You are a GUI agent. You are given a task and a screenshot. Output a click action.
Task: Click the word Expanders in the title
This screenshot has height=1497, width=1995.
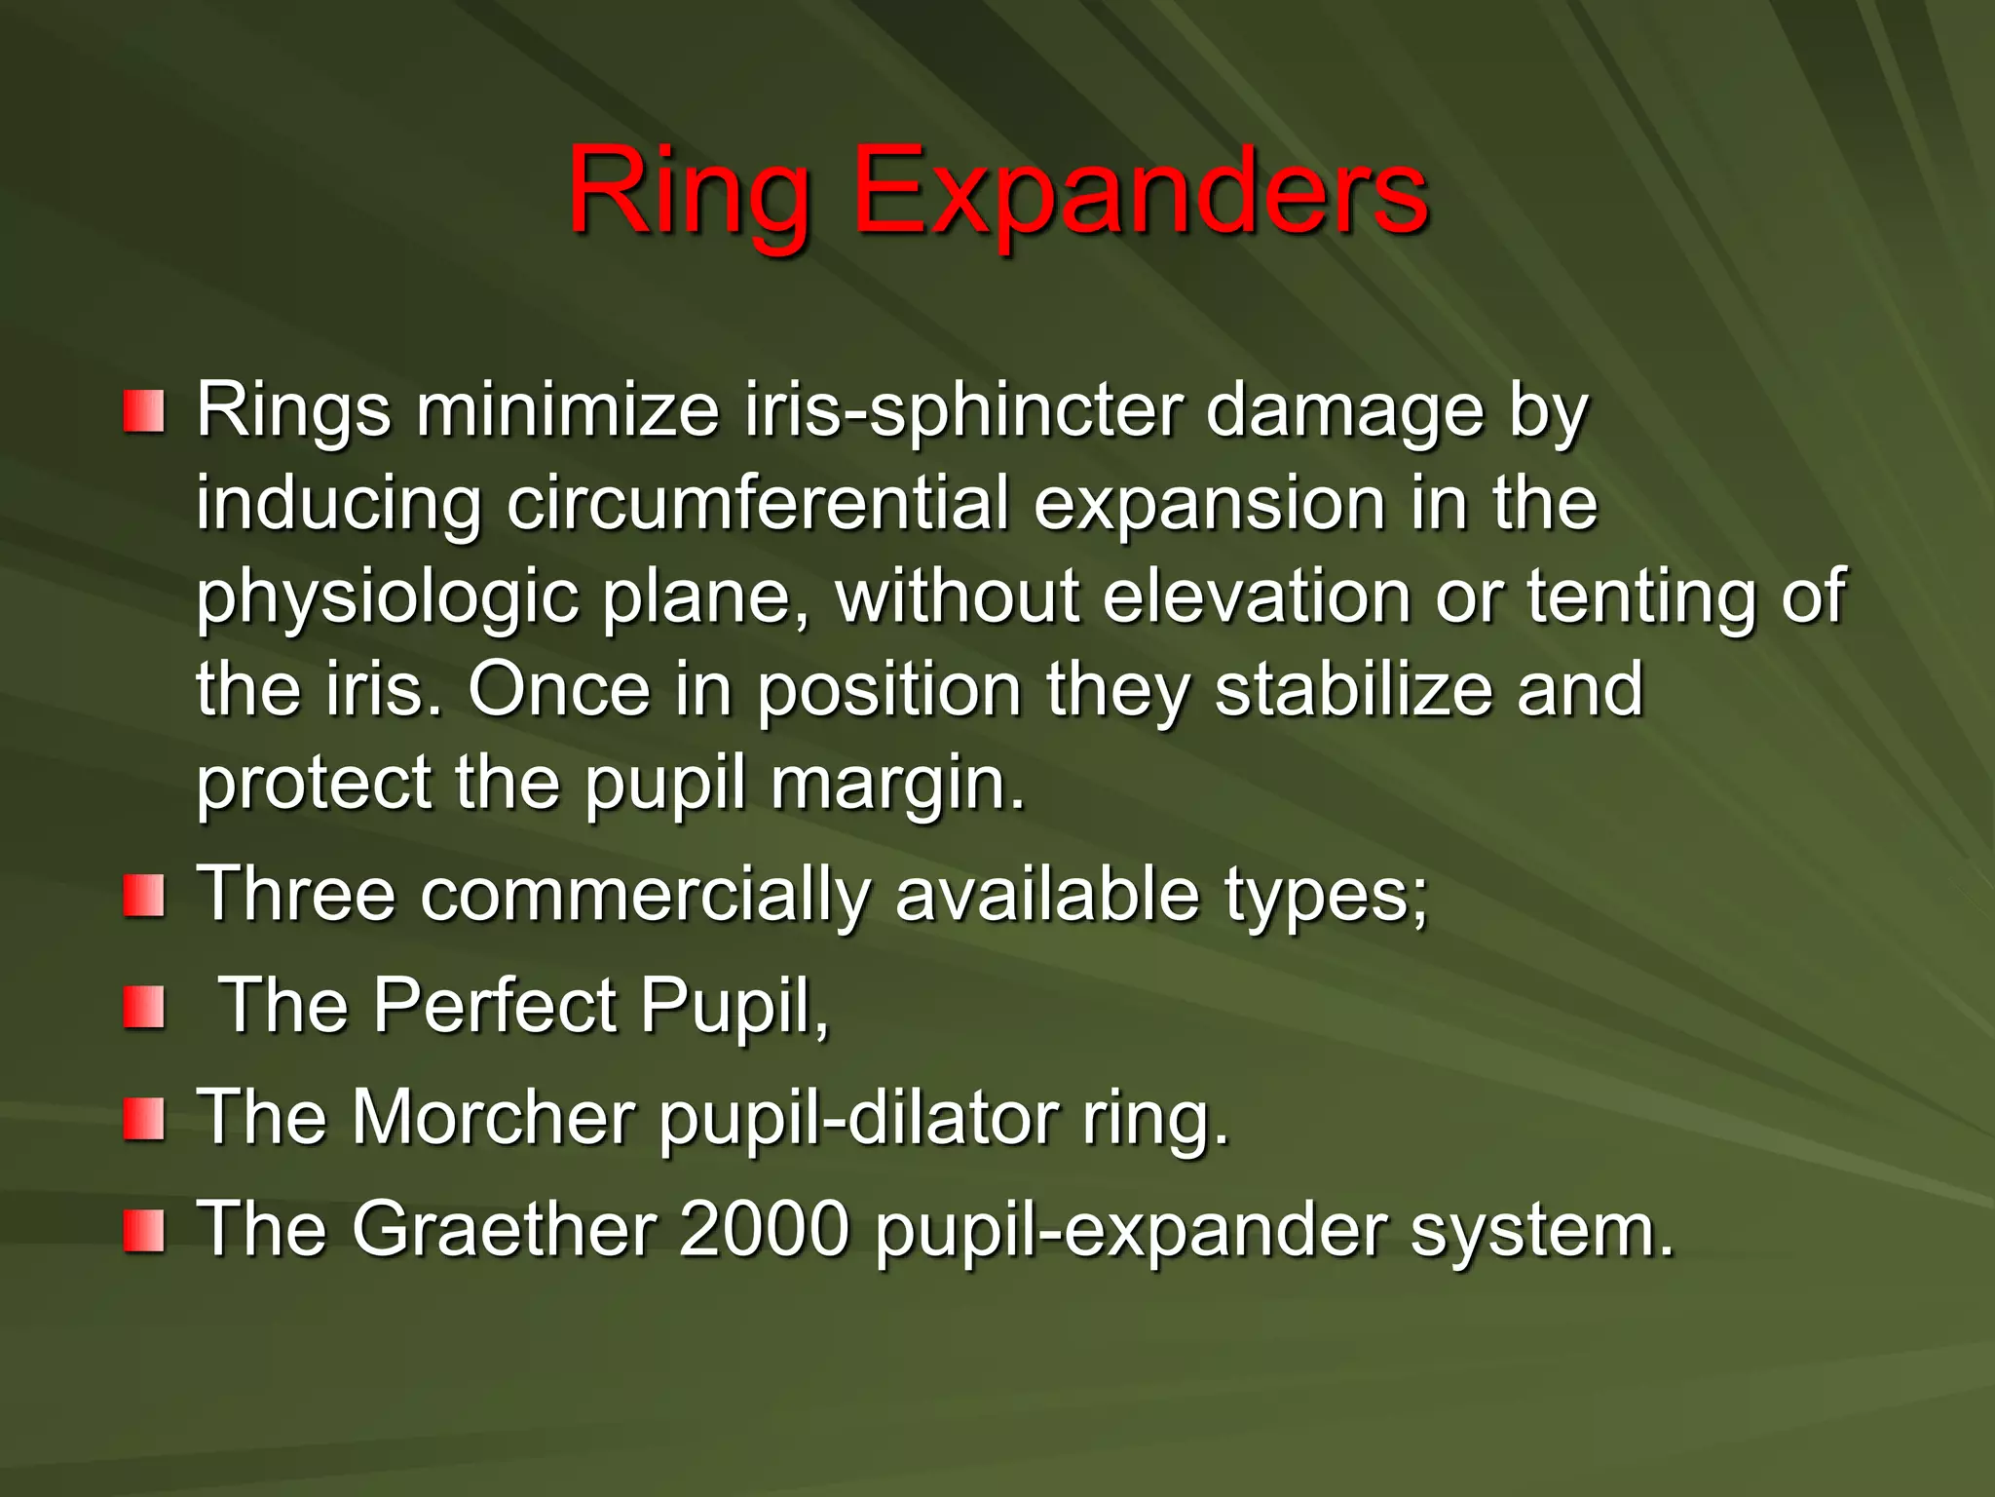(1141, 191)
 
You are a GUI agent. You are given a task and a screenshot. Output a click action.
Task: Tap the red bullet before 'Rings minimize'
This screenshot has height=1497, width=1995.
(143, 412)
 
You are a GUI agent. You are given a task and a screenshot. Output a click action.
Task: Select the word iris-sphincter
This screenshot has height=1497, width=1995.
(963, 410)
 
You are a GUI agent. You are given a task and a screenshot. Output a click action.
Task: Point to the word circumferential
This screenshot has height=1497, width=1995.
(757, 504)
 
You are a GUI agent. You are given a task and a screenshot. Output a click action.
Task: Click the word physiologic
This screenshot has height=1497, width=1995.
(387, 596)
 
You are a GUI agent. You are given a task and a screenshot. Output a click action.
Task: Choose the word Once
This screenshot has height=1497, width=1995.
(559, 689)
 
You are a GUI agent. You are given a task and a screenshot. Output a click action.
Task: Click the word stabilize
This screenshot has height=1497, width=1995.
(1354, 689)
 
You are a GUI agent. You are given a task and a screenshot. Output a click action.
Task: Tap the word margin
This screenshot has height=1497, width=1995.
(896, 784)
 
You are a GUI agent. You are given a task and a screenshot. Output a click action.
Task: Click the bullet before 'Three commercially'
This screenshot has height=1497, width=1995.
(143, 896)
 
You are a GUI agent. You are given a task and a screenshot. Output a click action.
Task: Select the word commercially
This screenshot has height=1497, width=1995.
(644, 895)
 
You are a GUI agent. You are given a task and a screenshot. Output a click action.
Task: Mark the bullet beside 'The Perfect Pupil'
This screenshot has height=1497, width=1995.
(143, 1007)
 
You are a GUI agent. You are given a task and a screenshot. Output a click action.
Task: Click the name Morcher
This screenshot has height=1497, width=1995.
(493, 1117)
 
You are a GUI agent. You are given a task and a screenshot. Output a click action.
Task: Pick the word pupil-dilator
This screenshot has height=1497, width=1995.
(858, 1117)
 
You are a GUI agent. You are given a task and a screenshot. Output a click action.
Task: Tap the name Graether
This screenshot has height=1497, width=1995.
(503, 1229)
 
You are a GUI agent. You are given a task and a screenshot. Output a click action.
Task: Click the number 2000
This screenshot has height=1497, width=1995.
(764, 1229)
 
